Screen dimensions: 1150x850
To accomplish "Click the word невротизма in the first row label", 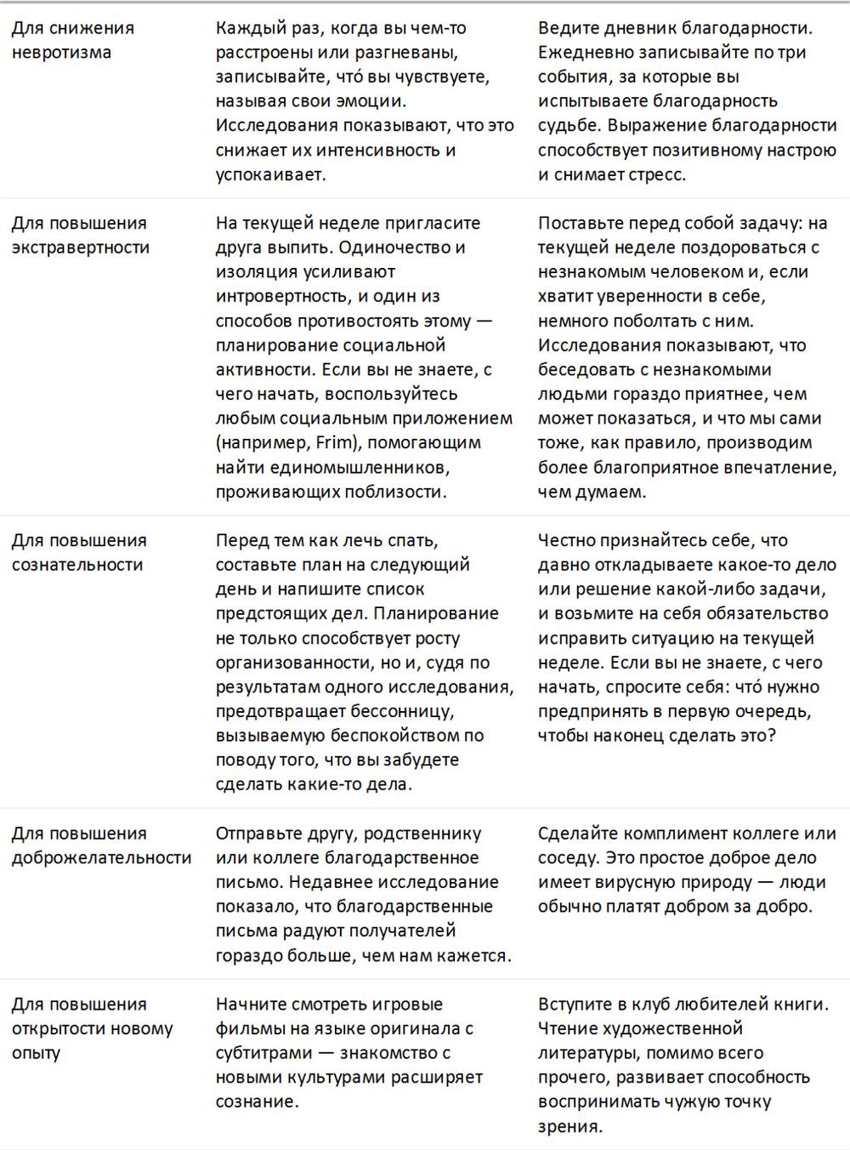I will pos(61,53).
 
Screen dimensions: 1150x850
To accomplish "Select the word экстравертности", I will pos(81,248).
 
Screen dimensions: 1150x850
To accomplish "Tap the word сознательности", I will pos(77,565).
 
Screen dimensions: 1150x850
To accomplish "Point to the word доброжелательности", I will pos(102,857).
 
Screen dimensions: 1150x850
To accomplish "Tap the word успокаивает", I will pos(270,174).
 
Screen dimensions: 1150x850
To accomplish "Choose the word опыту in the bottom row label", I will pos(37,1053).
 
